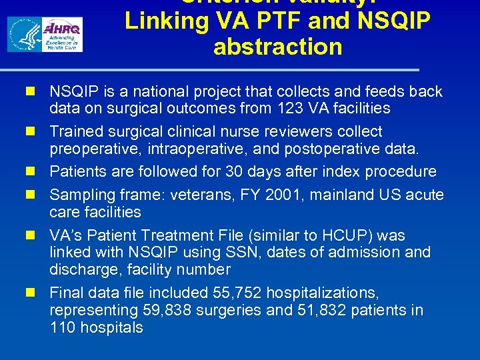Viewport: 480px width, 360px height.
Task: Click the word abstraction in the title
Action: [277, 47]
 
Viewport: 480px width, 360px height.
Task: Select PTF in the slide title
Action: [256, 21]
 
